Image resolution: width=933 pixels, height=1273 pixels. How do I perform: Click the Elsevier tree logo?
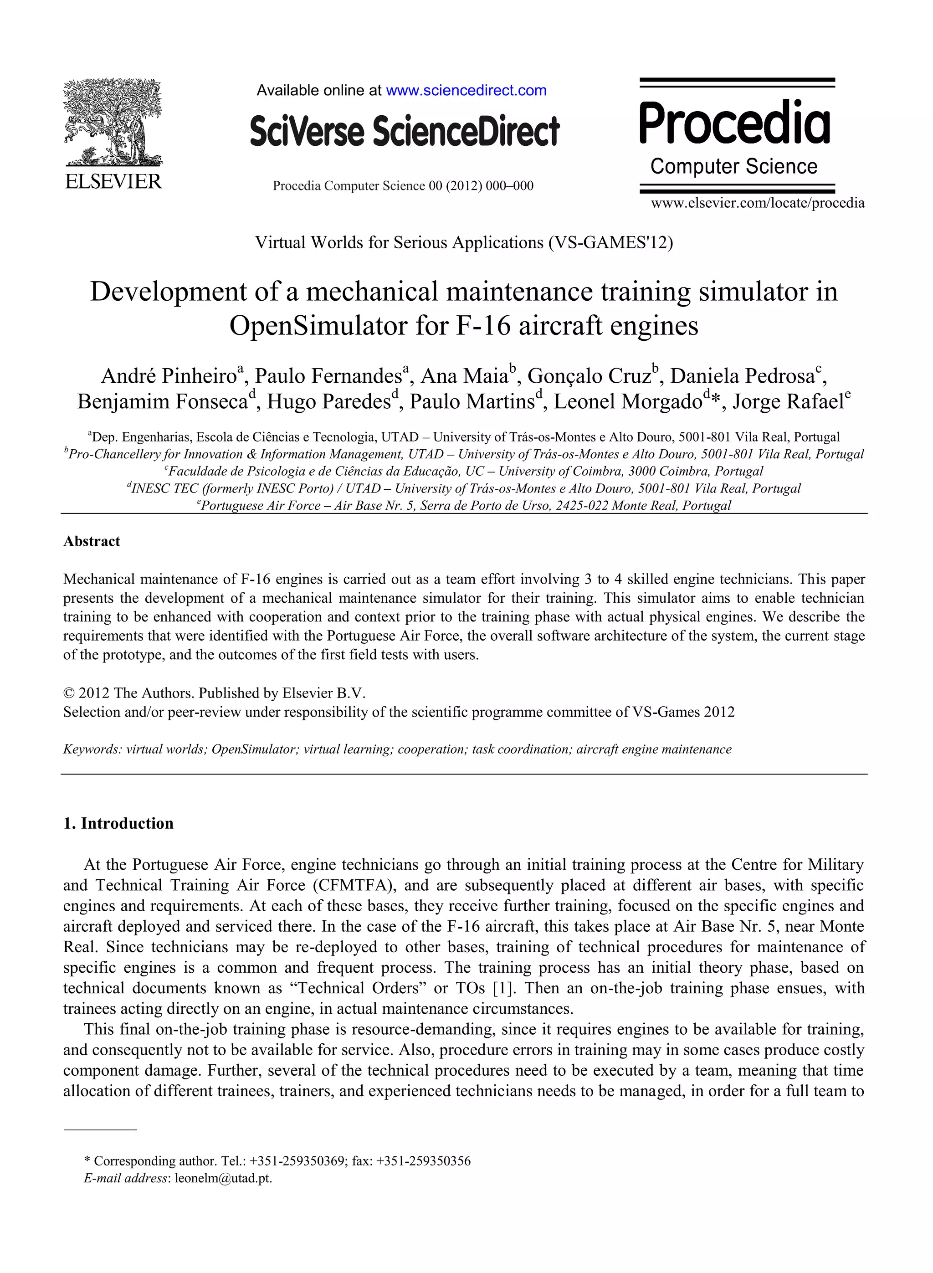pos(113,122)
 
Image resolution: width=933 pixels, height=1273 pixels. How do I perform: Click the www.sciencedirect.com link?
pos(466,90)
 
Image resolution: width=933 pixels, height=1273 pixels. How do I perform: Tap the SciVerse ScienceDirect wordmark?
pos(405,131)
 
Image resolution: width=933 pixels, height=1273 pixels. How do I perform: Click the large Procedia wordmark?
pos(734,123)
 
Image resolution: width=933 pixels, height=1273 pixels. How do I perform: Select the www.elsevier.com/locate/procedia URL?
pos(757,203)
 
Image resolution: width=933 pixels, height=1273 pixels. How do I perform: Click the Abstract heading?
pos(92,541)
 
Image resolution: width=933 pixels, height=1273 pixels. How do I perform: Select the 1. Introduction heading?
pos(118,823)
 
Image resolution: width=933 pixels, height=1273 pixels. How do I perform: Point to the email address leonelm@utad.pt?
pos(223,1178)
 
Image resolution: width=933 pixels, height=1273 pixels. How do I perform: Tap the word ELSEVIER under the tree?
pos(113,182)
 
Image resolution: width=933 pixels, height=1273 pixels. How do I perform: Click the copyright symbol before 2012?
pos(68,693)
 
